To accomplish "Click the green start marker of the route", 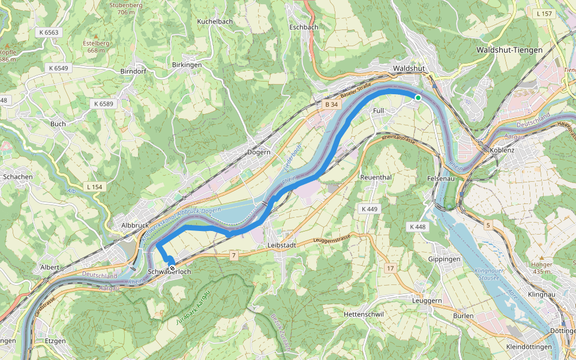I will (418, 97).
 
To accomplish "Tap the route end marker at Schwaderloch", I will (172, 268).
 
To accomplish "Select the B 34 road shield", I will (331, 105).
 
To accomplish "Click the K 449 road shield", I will (369, 209).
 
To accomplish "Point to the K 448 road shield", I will (418, 227).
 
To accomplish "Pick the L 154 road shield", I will (94, 187).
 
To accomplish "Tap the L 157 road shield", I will (545, 13).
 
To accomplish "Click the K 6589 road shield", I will (103, 104).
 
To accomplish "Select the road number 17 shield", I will (391, 268).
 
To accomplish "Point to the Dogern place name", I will (259, 152).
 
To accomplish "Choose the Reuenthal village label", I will (376, 178).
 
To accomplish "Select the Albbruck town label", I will (134, 224).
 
